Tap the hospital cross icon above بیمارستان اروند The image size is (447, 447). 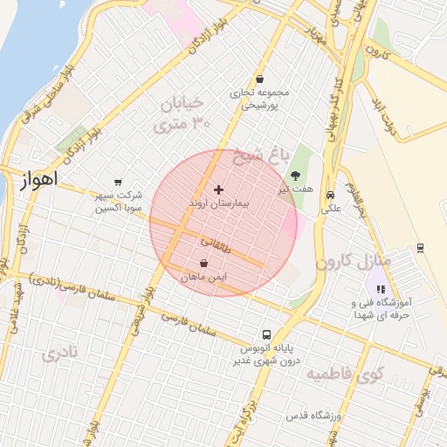click(218, 189)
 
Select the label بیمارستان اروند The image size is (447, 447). click(218, 203)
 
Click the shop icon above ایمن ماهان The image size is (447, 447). click(203, 263)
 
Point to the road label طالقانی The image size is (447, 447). click(217, 244)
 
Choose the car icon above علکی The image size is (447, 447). click(330, 196)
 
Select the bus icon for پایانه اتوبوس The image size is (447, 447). click(266, 334)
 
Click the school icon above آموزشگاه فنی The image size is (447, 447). click(380, 289)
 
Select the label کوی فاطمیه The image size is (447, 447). click(338, 375)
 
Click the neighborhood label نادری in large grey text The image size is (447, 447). click(59, 354)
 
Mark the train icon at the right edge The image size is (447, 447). click(421, 247)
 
